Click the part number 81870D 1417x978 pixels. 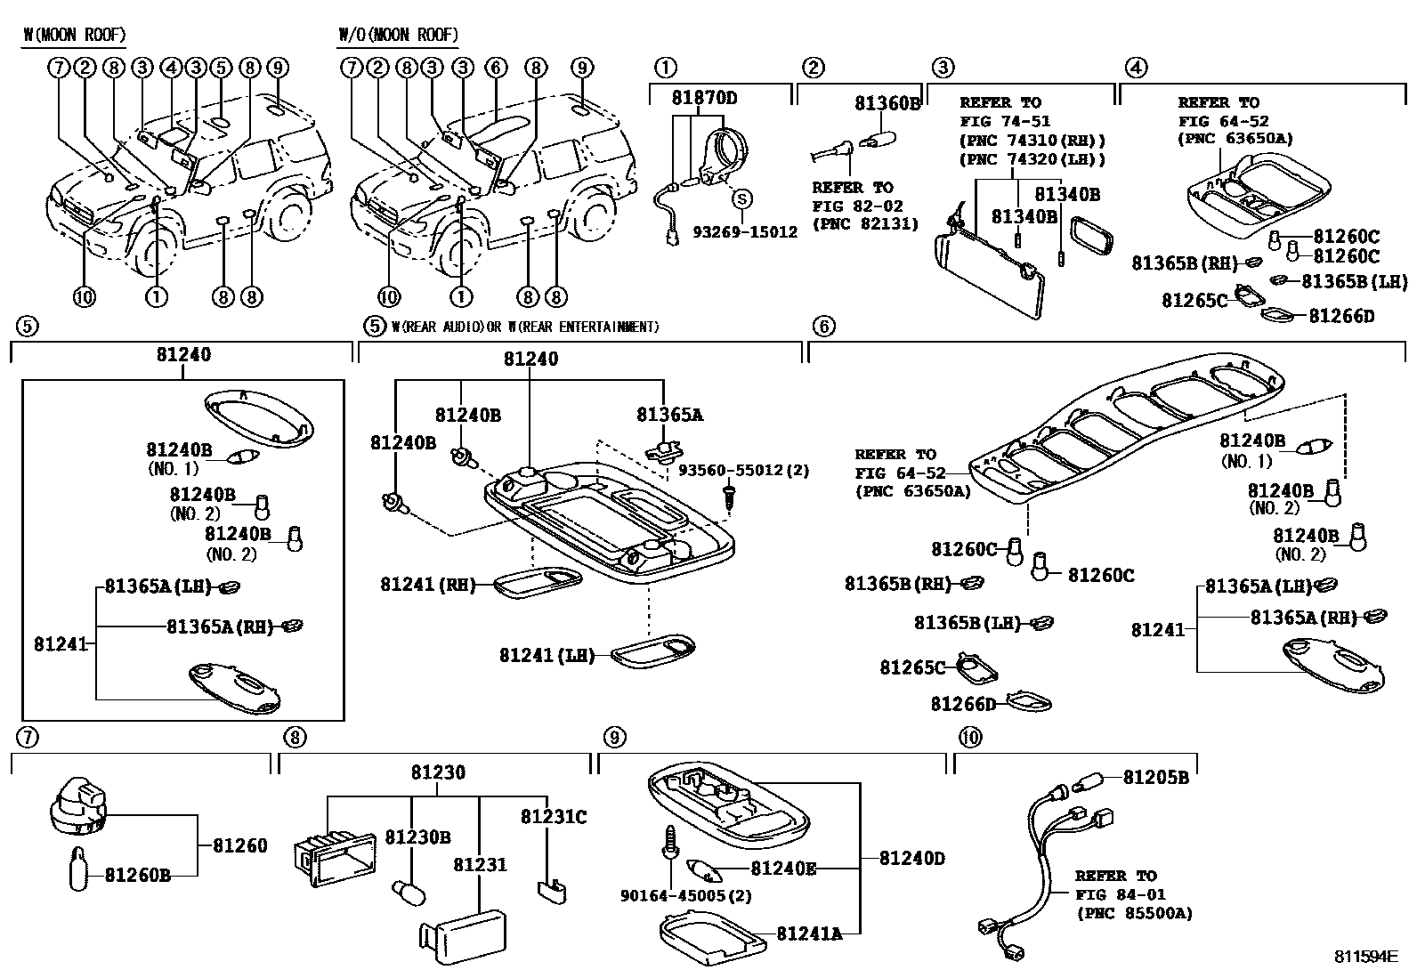pos(704,98)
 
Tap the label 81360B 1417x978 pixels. pos(887,103)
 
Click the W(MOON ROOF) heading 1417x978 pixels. pos(74,36)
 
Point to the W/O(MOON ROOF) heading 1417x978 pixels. pos(398,36)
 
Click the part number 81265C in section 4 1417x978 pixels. pos(1194,301)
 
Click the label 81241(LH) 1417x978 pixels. pos(547,656)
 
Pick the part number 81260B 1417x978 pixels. pos(137,876)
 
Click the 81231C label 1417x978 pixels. pos(554,817)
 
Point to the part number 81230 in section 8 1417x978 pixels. pos(437,773)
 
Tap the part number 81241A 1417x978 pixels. pos(808,934)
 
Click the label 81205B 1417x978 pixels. pos(1155,778)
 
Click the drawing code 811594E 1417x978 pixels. pos(1365,957)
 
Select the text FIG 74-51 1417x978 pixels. pos(1004,122)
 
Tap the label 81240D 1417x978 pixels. pos(912,859)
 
